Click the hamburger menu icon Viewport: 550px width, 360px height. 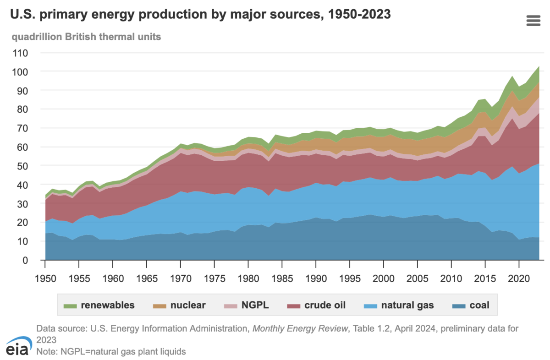click(533, 21)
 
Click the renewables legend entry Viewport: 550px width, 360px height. click(99, 305)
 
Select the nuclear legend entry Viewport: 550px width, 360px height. click(179, 305)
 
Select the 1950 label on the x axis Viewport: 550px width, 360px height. click(45, 278)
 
